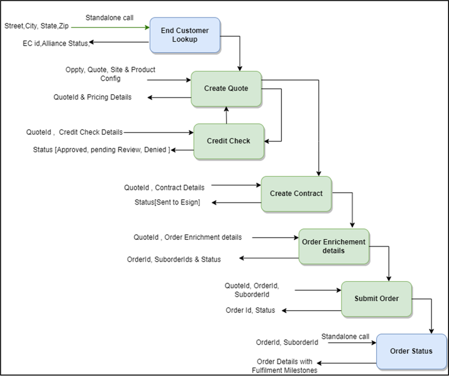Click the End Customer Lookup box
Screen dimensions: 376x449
[185, 35]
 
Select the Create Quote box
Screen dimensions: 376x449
[226, 89]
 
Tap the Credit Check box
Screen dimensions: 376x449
[229, 141]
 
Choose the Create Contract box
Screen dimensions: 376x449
[296, 194]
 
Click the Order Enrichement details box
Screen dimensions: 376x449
[334, 247]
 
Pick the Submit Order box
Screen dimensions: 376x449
[377, 299]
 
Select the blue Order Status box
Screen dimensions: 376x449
[411, 351]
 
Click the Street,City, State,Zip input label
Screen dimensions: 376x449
[37, 26]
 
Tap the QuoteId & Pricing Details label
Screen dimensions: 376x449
[93, 97]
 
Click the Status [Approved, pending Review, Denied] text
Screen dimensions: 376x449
[102, 150]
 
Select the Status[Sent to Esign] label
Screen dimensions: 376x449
[167, 202]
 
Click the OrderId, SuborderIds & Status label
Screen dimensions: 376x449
[174, 259]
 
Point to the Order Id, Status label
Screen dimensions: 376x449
[250, 310]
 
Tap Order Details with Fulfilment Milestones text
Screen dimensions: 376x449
[284, 365]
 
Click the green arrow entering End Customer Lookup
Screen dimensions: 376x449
[110, 27]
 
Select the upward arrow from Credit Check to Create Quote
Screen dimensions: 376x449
[226, 115]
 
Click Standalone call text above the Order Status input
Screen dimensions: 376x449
[345, 336]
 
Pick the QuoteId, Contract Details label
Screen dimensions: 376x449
[164, 188]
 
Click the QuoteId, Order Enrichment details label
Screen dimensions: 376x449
[188, 237]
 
